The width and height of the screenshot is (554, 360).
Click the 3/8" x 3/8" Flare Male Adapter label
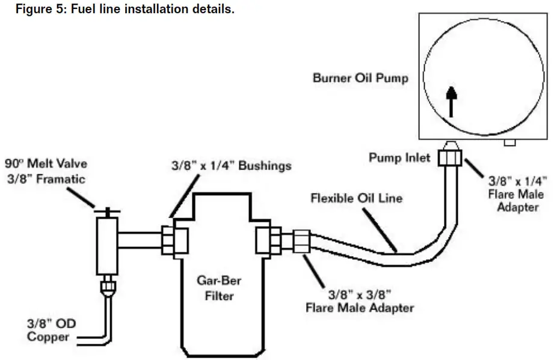click(x=360, y=301)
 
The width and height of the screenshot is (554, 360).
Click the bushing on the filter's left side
click(x=174, y=241)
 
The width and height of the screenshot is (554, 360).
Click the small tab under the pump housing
click(x=510, y=142)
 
